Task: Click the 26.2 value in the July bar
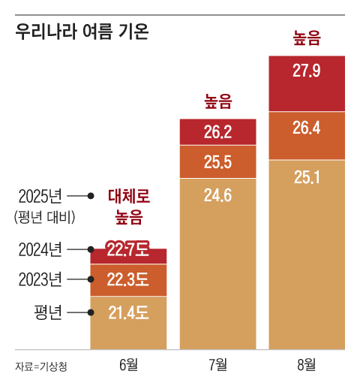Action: coord(217,132)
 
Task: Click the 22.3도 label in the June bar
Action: coord(128,280)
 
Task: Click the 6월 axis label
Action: coord(128,365)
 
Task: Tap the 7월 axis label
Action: coord(217,365)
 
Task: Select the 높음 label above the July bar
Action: coord(217,101)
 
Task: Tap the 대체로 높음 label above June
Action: coord(128,207)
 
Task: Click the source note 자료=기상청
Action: coord(41,366)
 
